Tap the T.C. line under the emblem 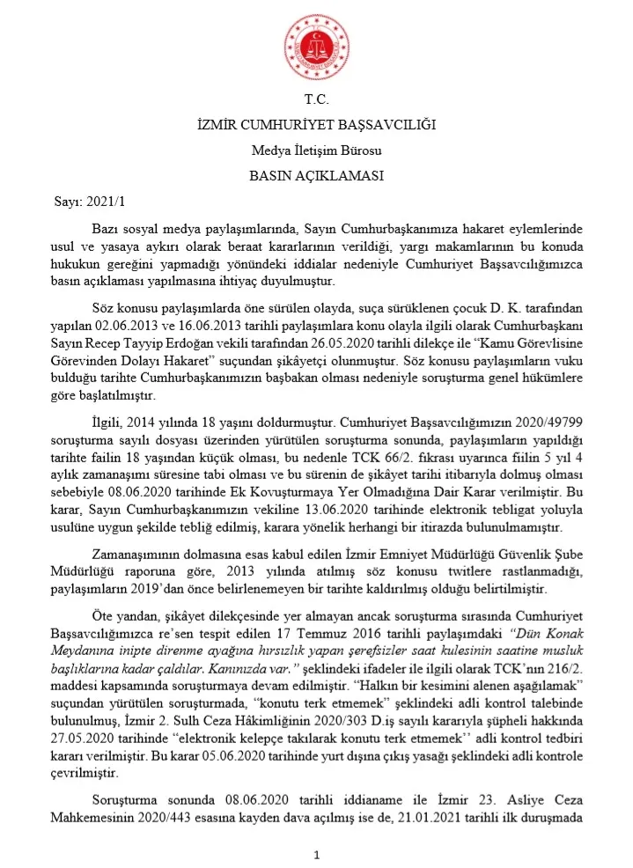pyautogui.click(x=316, y=100)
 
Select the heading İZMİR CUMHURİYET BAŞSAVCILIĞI pyautogui.click(x=316, y=126)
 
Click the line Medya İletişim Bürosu pyautogui.click(x=316, y=151)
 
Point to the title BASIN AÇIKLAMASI pyautogui.click(x=316, y=175)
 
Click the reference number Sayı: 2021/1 pyautogui.click(x=78, y=202)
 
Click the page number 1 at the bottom pyautogui.click(x=316, y=855)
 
